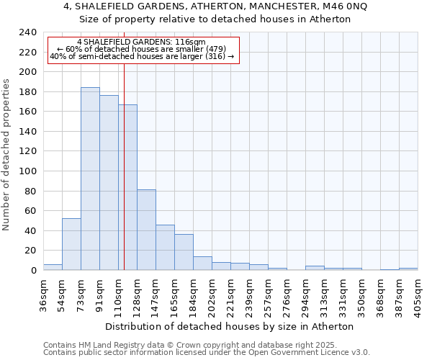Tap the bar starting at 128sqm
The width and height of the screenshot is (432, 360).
coord(146,230)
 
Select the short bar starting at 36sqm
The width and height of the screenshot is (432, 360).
coord(53,267)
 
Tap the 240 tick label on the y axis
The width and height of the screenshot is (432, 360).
coord(28,32)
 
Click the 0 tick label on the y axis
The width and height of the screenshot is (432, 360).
coord(33,271)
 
